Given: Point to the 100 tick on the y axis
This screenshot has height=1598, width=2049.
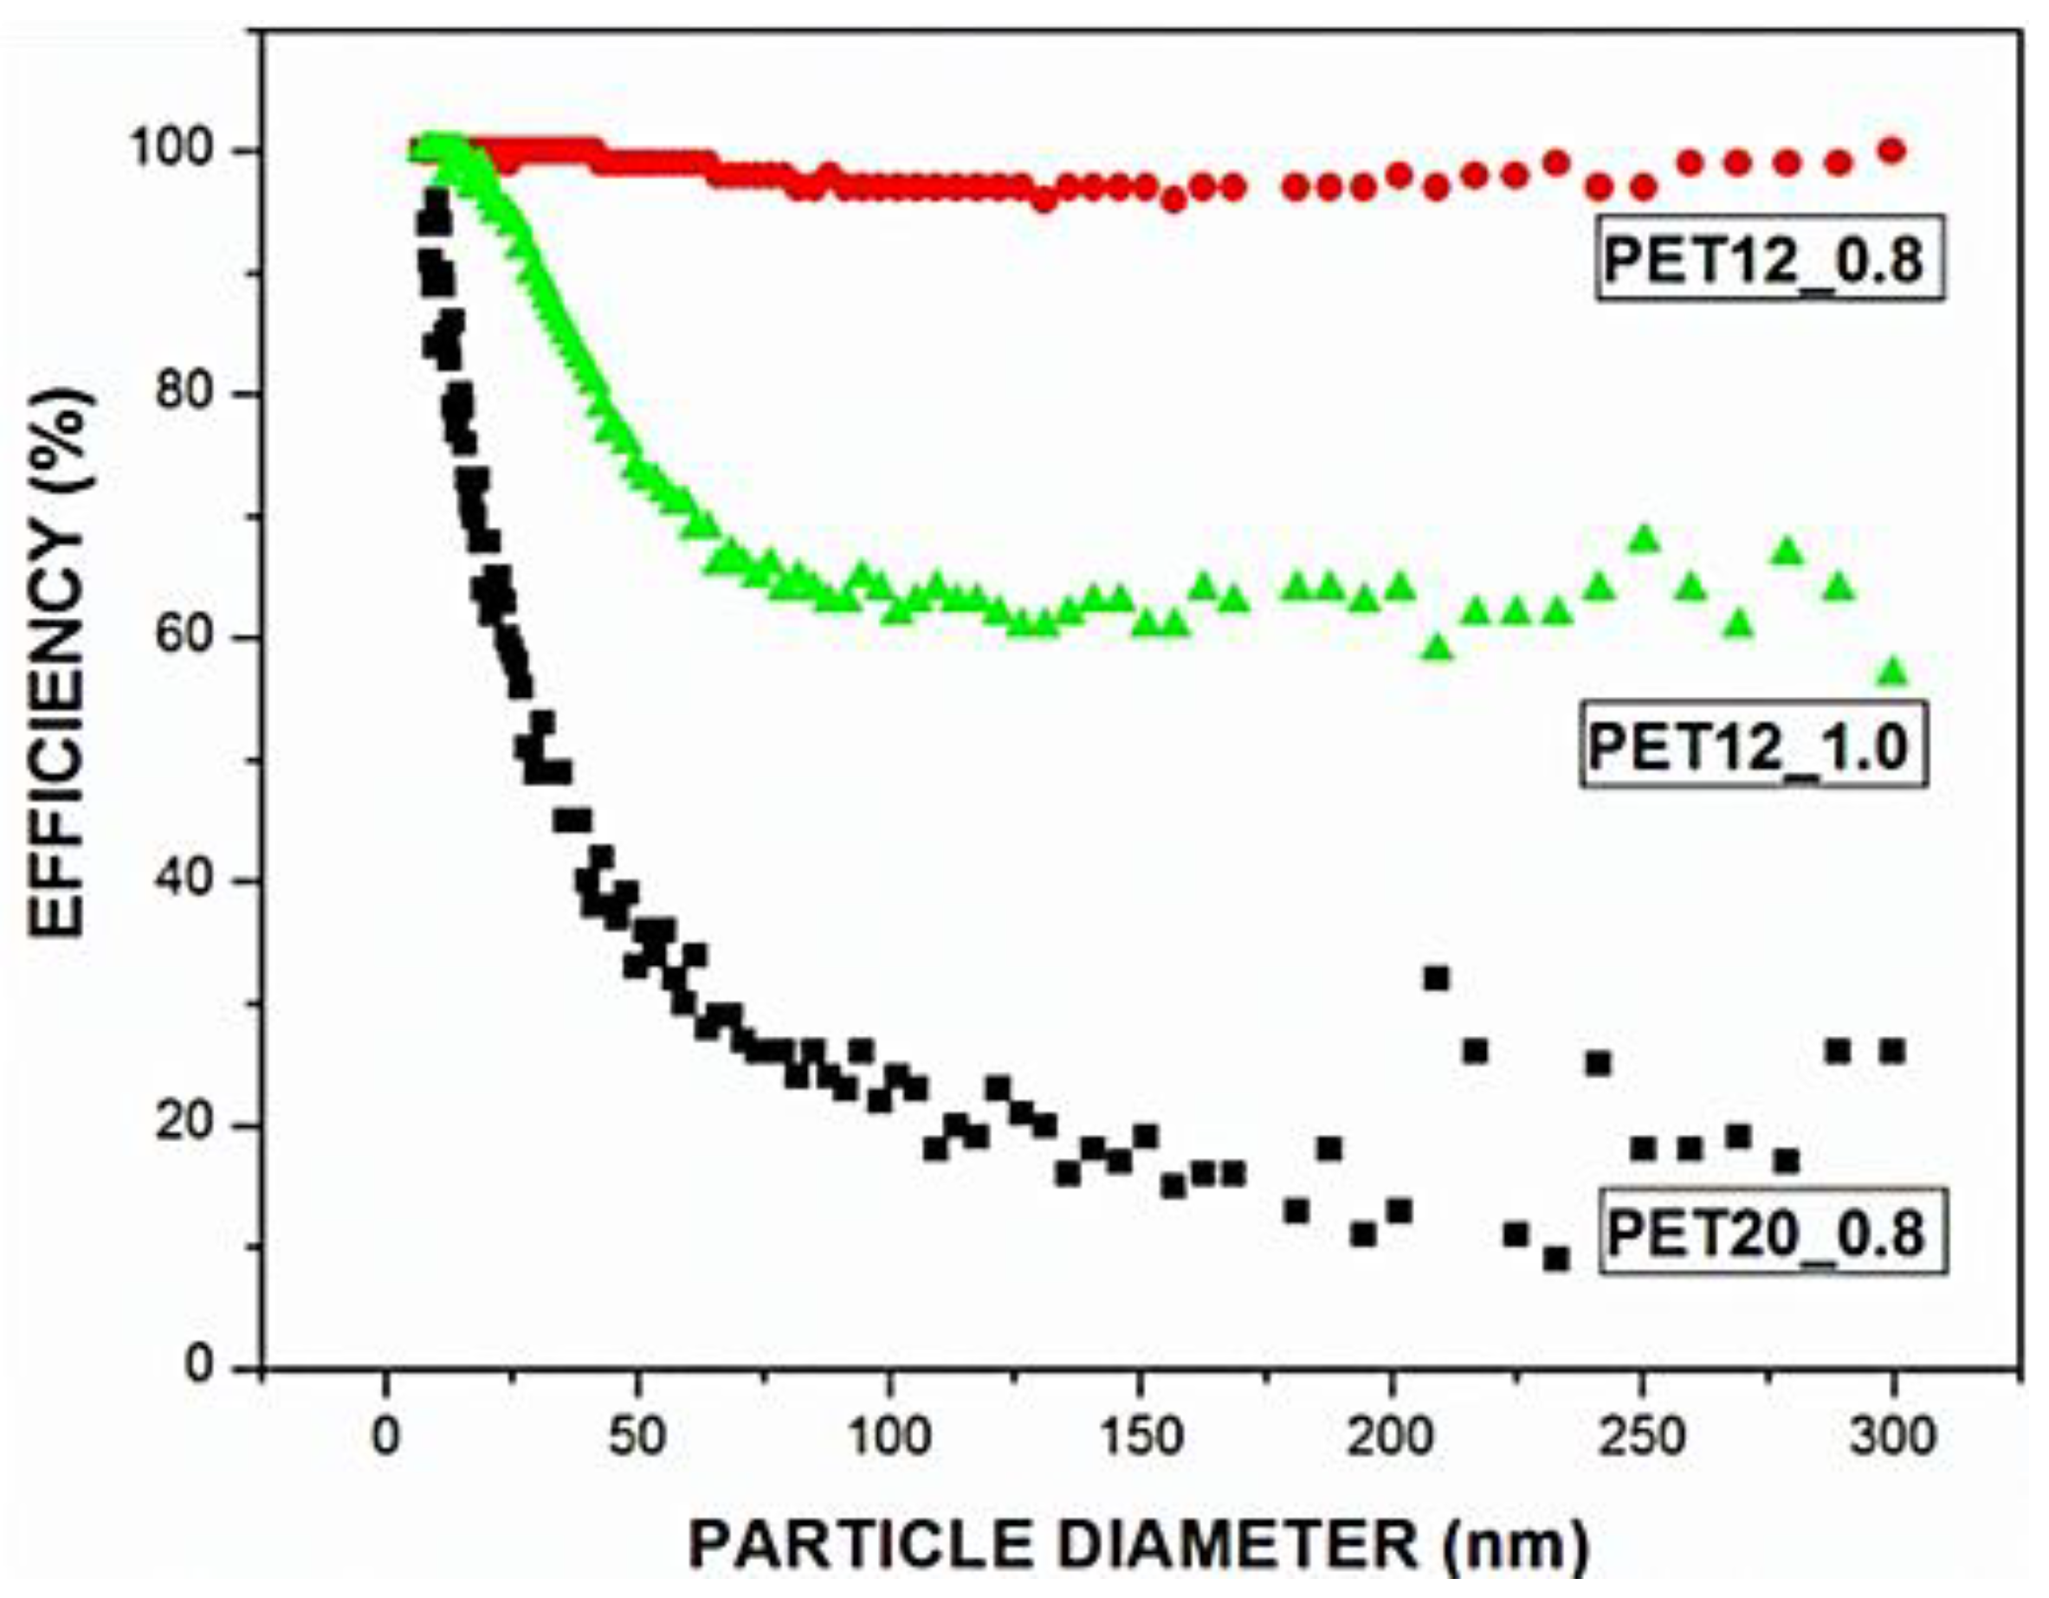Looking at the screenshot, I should pos(180,151).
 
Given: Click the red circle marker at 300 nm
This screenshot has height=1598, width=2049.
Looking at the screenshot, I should pos(1893,150).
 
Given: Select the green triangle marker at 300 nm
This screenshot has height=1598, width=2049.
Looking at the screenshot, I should pos(1893,672).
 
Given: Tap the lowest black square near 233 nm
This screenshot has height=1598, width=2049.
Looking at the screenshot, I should pos(1556,1259).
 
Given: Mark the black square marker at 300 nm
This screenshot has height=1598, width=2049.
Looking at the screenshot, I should pos(1893,1051).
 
